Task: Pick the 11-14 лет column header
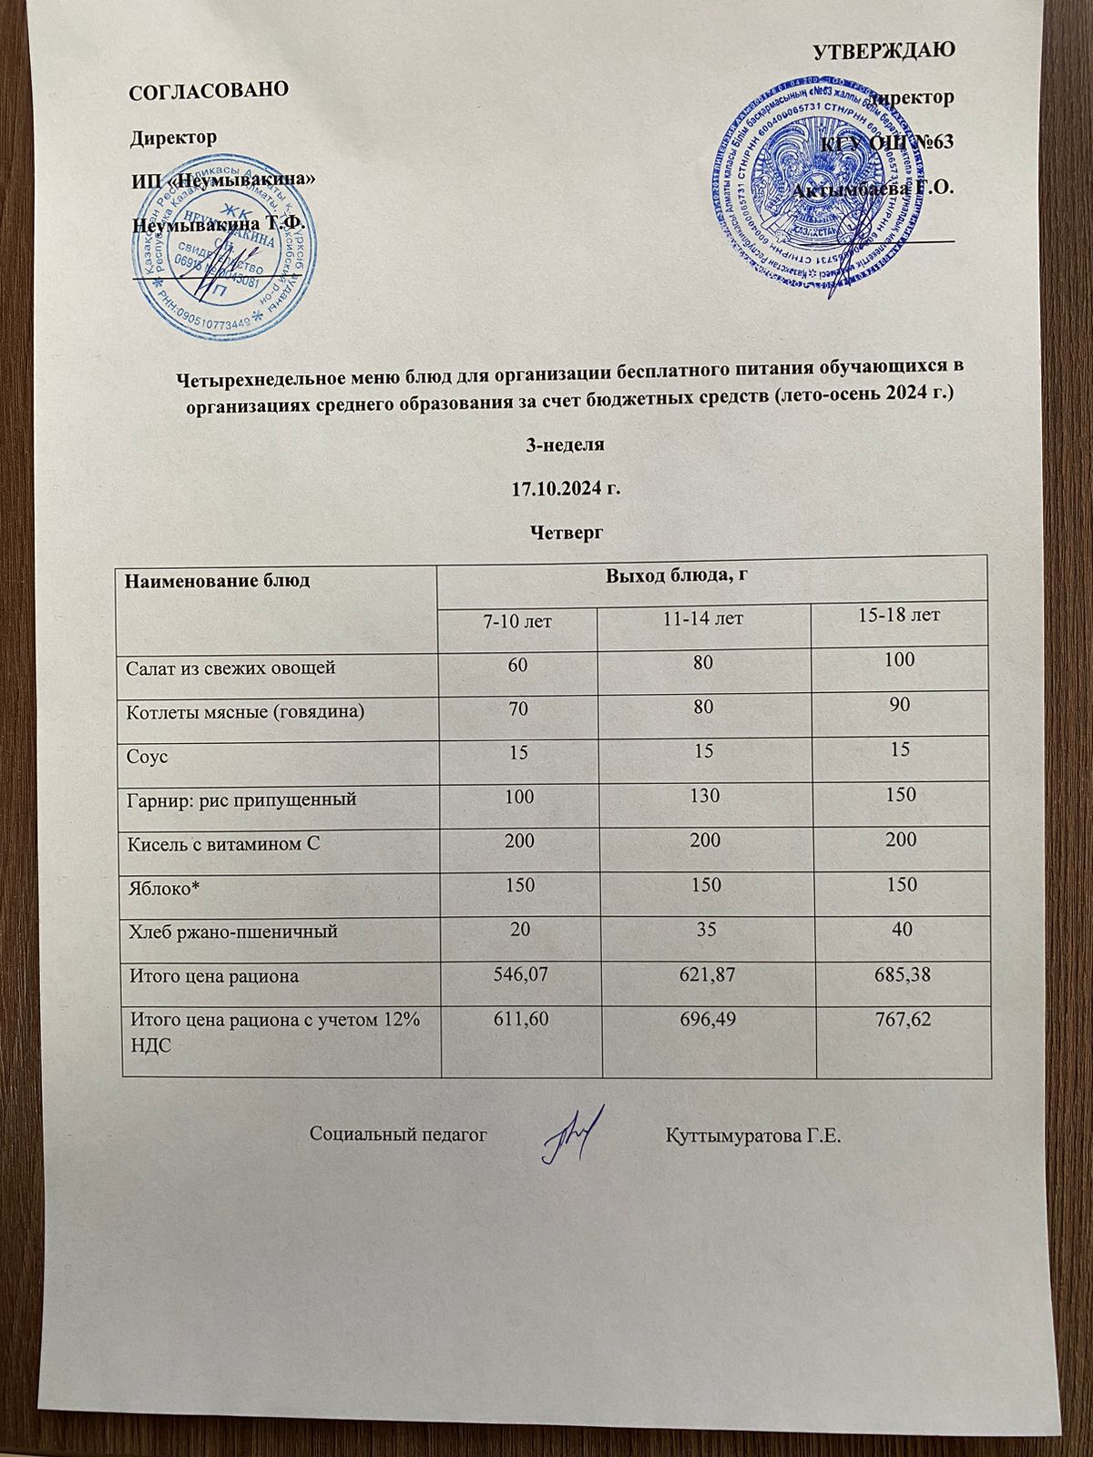(702, 618)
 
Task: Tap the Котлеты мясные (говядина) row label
(244, 711)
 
